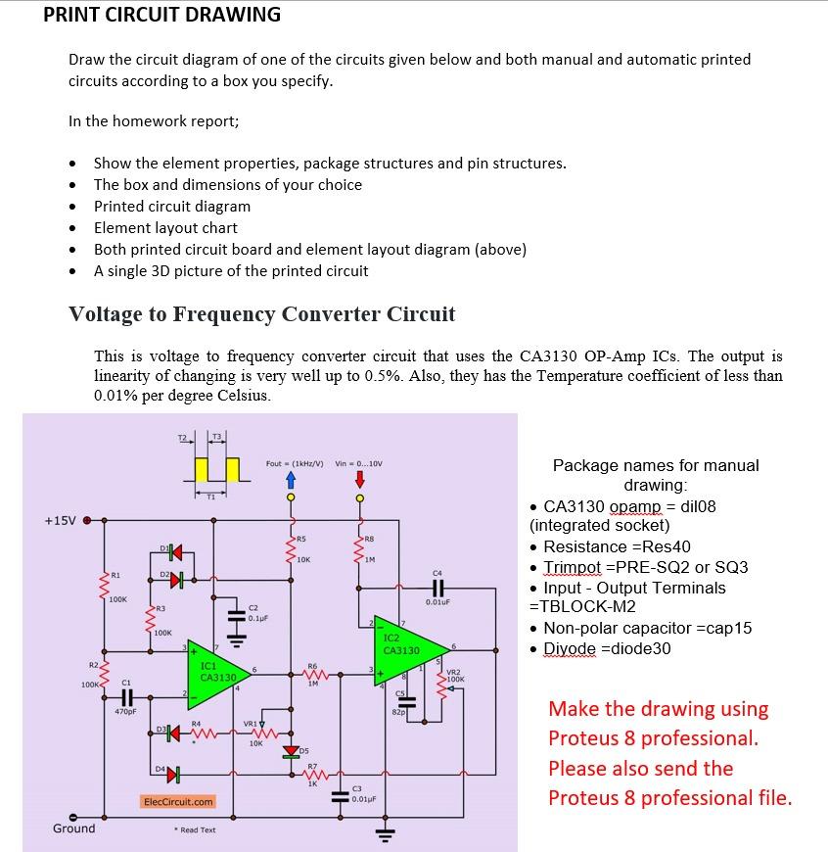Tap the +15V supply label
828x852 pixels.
[61, 520]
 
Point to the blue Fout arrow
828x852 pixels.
[290, 480]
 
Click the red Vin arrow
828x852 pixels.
[360, 479]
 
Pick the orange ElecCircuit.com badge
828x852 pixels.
[178, 801]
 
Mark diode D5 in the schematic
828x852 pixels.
[290, 751]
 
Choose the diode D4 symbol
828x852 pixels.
[173, 775]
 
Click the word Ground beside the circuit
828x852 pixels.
[74, 828]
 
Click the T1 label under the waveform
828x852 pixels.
[210, 497]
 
